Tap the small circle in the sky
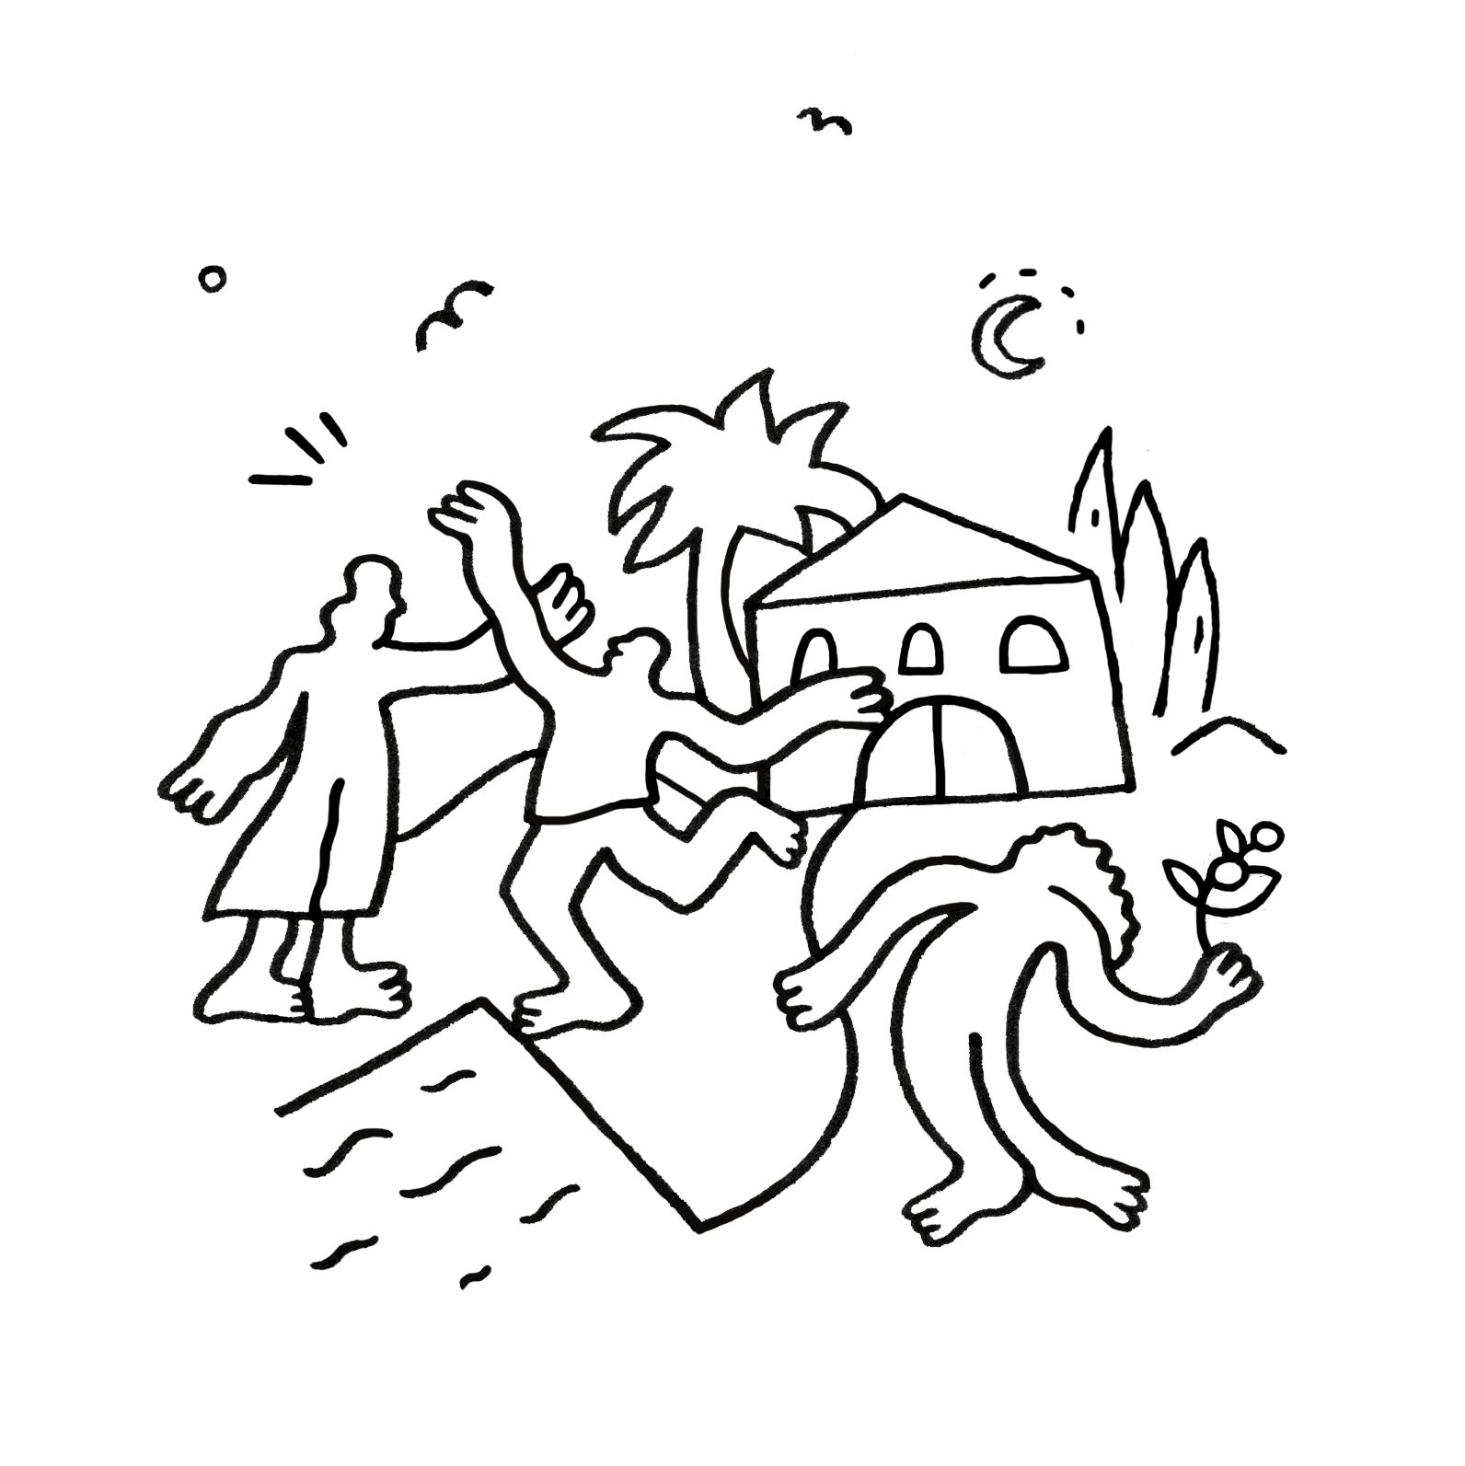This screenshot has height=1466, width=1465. tap(213, 279)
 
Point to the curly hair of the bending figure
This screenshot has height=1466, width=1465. tap(1104, 870)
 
